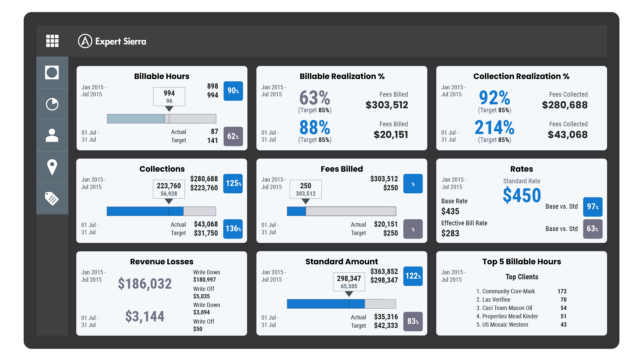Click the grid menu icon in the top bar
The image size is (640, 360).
click(x=52, y=41)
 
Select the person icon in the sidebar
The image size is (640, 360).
click(x=52, y=136)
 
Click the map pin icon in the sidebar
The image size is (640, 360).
click(x=52, y=167)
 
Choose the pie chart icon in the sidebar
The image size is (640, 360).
click(x=52, y=104)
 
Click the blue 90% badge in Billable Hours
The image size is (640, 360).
click(x=233, y=91)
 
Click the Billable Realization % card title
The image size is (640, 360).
click(x=342, y=76)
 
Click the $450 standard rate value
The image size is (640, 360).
click(x=522, y=195)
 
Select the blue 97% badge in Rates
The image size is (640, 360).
click(x=592, y=206)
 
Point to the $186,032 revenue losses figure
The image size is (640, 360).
click(x=146, y=285)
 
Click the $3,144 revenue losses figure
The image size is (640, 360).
click(x=146, y=316)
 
